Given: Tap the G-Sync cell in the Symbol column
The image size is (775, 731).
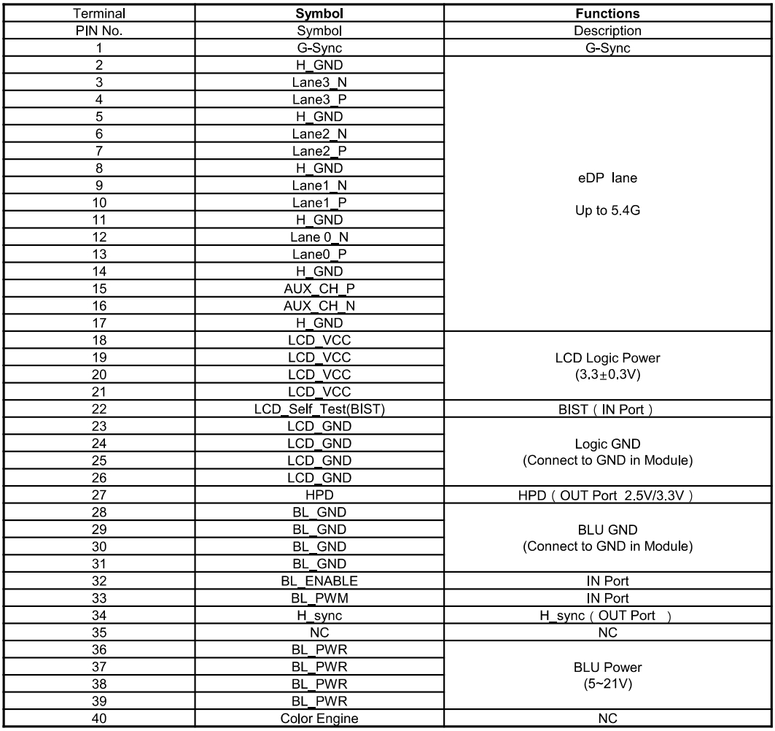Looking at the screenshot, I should tap(321, 48).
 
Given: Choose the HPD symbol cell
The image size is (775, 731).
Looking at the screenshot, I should tap(321, 493).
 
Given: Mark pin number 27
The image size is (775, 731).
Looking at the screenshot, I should tap(97, 493).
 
